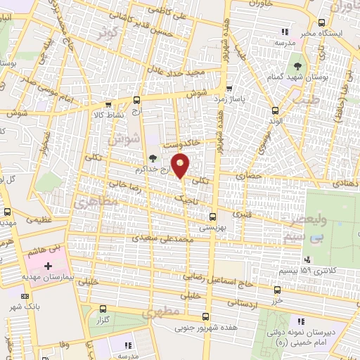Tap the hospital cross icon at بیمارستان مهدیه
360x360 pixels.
[48, 266]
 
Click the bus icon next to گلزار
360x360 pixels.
[104, 308]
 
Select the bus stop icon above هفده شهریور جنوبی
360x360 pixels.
[205, 316]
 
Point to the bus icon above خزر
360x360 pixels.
[278, 290]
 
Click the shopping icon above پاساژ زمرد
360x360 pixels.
[230, 89]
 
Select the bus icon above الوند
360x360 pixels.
[274, 109]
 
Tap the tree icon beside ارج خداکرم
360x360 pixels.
[153, 158]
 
